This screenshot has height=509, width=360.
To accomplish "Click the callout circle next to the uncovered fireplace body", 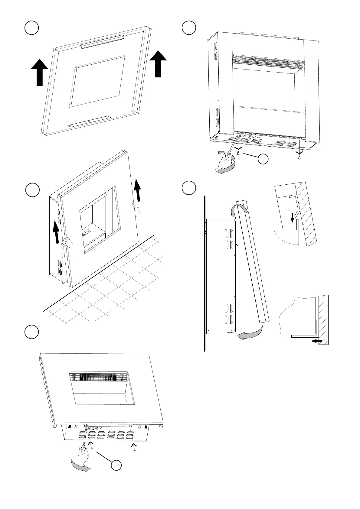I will click(263, 159).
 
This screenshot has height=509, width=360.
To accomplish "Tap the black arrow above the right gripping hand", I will click(138, 190).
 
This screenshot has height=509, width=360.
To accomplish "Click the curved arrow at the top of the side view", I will click(237, 209).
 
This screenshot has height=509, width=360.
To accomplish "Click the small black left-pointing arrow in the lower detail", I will click(317, 341).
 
